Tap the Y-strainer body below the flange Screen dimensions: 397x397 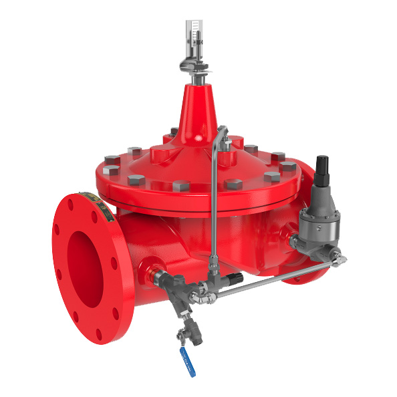179,304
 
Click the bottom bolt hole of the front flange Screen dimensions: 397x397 100,334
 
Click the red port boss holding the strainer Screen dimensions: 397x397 148,266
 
